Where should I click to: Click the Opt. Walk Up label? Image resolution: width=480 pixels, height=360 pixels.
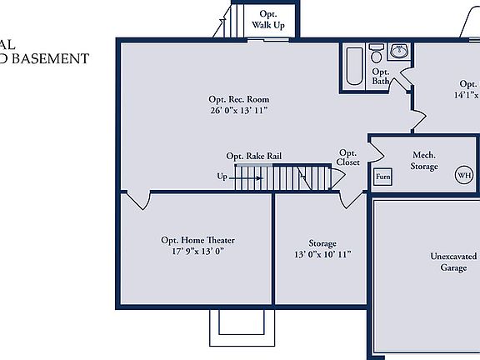[x=267, y=20]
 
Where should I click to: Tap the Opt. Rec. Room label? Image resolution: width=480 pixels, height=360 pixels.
[x=239, y=99]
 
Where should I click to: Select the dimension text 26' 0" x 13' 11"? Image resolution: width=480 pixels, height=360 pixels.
[x=239, y=110]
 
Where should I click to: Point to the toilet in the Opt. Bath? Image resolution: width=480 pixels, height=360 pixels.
[x=376, y=57]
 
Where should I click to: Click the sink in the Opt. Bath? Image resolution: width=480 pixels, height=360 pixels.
[x=398, y=52]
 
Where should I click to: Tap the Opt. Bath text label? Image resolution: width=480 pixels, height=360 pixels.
[x=381, y=77]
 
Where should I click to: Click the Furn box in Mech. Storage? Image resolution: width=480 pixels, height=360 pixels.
[x=382, y=177]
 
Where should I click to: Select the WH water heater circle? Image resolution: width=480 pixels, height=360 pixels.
[x=462, y=176]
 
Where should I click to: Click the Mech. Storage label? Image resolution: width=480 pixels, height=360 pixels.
[x=423, y=161]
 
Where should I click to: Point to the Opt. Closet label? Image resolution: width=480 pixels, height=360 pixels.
[x=348, y=157]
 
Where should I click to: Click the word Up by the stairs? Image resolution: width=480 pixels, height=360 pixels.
[x=222, y=177]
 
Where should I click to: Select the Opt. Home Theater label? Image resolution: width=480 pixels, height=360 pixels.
[x=197, y=240]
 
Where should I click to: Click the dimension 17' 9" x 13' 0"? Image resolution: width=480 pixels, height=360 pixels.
[x=197, y=251]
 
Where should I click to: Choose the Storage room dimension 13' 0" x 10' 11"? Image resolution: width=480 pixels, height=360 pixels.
[x=322, y=255]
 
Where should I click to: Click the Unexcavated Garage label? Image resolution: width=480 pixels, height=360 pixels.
[x=453, y=262]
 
